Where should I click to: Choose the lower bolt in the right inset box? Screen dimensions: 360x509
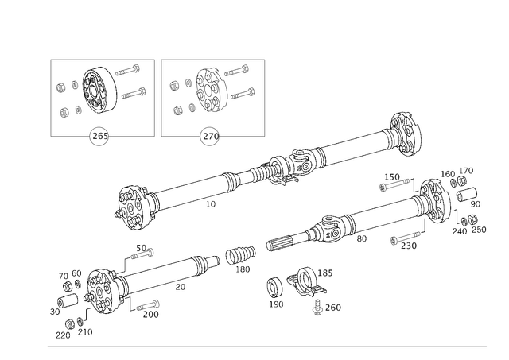point(241,92)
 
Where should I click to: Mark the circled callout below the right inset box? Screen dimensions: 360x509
point(209,137)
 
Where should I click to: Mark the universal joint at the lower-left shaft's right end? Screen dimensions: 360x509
point(237,256)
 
